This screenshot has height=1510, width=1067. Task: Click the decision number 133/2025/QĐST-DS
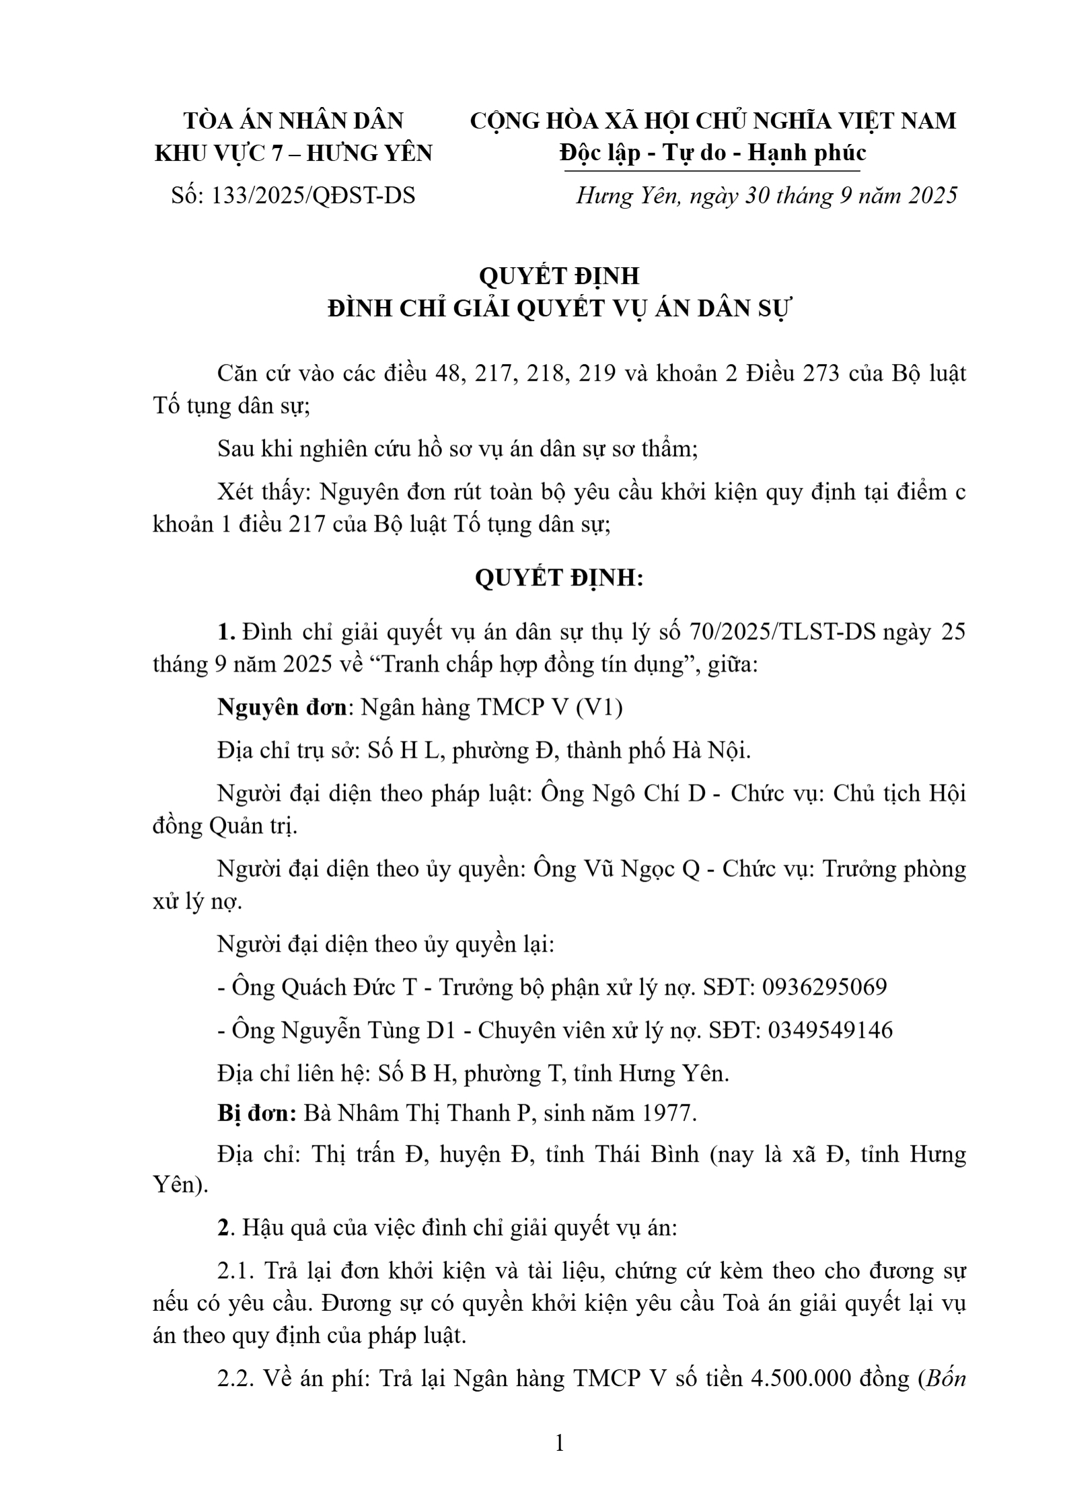[313, 196]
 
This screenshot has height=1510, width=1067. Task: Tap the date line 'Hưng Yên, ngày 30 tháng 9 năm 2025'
[766, 196]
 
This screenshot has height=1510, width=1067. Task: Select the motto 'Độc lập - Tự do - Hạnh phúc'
[712, 153]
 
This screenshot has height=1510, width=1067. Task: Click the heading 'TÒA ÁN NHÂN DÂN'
[293, 121]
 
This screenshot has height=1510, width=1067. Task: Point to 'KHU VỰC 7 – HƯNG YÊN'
[293, 153]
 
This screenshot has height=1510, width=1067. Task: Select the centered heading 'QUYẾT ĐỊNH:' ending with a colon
[558, 578]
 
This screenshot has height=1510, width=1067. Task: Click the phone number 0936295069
[823, 987]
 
